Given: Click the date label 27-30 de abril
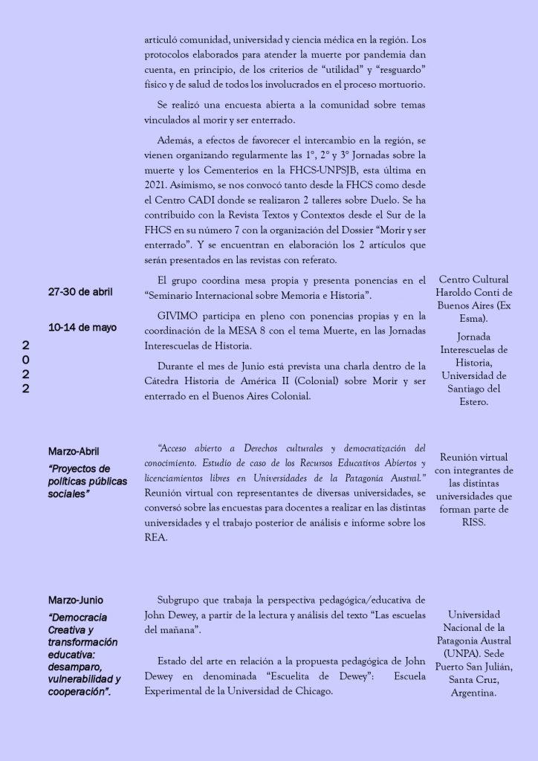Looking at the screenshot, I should [x=80, y=292].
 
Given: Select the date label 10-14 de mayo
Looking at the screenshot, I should [x=82, y=328].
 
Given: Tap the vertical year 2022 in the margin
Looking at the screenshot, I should [x=26, y=367].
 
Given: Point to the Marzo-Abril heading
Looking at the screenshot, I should [x=74, y=451].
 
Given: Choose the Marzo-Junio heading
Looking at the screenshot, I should [x=76, y=600].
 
